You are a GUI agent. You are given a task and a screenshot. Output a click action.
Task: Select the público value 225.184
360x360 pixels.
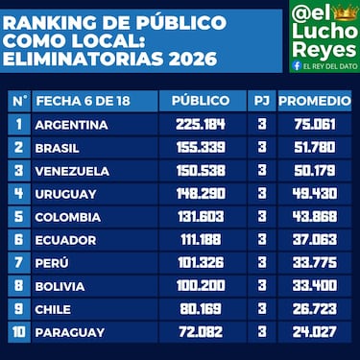(200, 124)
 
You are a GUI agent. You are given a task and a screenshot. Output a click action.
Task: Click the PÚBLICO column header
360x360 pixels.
(200, 100)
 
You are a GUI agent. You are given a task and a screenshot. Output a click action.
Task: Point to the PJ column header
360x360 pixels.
(261, 100)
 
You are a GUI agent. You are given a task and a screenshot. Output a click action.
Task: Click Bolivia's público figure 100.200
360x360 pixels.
(200, 285)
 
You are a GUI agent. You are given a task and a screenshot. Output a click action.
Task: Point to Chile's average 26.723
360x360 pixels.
(313, 308)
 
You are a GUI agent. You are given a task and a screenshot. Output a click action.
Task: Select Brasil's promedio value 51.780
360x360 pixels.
(313, 147)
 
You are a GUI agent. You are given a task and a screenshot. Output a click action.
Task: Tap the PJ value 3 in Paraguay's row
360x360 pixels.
(261, 332)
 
